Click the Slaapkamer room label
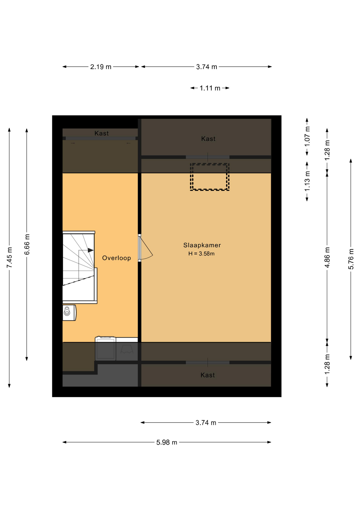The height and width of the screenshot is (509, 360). coord(202,245)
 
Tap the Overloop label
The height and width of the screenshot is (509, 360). coord(117,258)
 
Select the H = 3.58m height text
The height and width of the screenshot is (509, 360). coord(201,254)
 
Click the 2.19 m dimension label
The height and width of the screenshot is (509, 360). coord(101,67)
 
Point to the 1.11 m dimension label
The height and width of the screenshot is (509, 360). coord(210,88)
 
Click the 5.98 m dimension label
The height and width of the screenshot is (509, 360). coord(167,442)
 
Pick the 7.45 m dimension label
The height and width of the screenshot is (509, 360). coord(10,257)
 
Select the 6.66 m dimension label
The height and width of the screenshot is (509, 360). coord(27,244)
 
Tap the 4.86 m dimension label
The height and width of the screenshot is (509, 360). coord(327,257)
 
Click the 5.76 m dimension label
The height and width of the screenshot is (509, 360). coord(351,259)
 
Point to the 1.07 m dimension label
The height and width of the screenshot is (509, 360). coord(307,137)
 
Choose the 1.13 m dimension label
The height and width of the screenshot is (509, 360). coord(307,181)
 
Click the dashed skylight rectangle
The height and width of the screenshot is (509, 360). coord(210,164)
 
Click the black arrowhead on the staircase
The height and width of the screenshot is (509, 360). coord(91,250)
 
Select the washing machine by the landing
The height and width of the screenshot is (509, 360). coord(106,348)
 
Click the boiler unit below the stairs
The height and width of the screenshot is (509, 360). coord(69,313)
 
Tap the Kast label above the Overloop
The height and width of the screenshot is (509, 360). coord(102,133)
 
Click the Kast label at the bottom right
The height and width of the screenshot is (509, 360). coord(208,375)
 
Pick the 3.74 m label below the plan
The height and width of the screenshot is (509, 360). coord(206,423)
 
